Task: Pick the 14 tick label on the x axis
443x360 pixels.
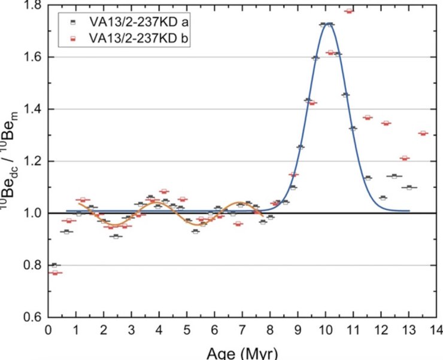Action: [436, 330]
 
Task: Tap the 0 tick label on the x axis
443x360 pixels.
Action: [48, 330]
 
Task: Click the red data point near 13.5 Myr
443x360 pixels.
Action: [423, 133]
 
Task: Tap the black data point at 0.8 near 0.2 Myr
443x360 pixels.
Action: [54, 265]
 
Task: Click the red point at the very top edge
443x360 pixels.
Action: [349, 11]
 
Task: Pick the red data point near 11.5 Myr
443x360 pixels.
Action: [368, 118]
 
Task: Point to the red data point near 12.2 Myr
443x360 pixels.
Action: [386, 123]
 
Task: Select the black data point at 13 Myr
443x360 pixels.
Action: [409, 187]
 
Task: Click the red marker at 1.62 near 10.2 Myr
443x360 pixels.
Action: [330, 53]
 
